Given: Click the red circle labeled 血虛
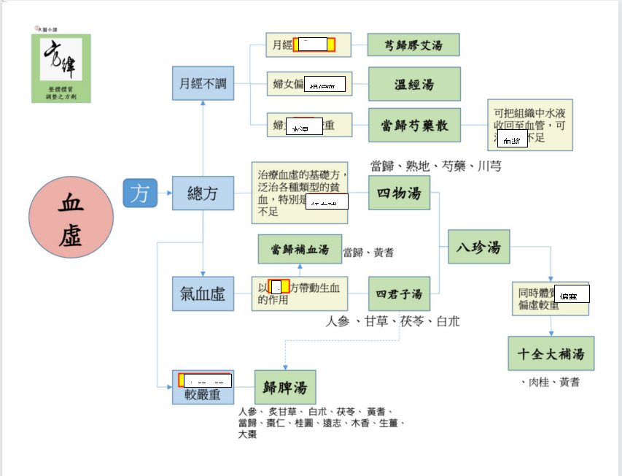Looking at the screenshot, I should [x=71, y=218].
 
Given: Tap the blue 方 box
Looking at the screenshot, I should [x=139, y=193].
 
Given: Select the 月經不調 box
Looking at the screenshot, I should [x=203, y=83].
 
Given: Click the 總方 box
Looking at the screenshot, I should [x=203, y=193].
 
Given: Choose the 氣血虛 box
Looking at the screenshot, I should [x=203, y=294].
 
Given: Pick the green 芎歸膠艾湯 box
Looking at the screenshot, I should [x=413, y=45].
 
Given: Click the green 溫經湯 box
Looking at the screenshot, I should [x=413, y=84].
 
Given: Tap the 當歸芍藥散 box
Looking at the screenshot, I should [x=413, y=126].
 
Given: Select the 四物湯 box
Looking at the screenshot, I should [x=399, y=193].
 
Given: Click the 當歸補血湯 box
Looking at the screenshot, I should [x=300, y=249].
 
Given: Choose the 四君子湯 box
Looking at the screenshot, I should [x=399, y=294].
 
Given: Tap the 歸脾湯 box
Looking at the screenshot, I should [x=285, y=387].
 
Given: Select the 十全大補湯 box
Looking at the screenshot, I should [x=551, y=354].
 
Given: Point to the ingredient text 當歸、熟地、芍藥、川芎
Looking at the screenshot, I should [x=435, y=166].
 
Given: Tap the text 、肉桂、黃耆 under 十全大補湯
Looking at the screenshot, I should [x=551, y=382].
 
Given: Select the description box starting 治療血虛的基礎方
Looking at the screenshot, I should [x=299, y=193].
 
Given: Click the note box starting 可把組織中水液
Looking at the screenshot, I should [x=529, y=125].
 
